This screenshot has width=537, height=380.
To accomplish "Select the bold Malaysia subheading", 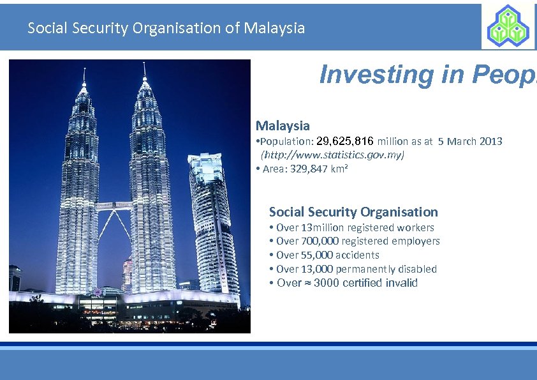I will coord(283,126).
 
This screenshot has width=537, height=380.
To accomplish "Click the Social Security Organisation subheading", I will coord(353,212).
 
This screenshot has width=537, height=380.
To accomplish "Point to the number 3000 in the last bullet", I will coord(327,283).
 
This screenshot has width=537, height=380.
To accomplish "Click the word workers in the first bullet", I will coord(415,228).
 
